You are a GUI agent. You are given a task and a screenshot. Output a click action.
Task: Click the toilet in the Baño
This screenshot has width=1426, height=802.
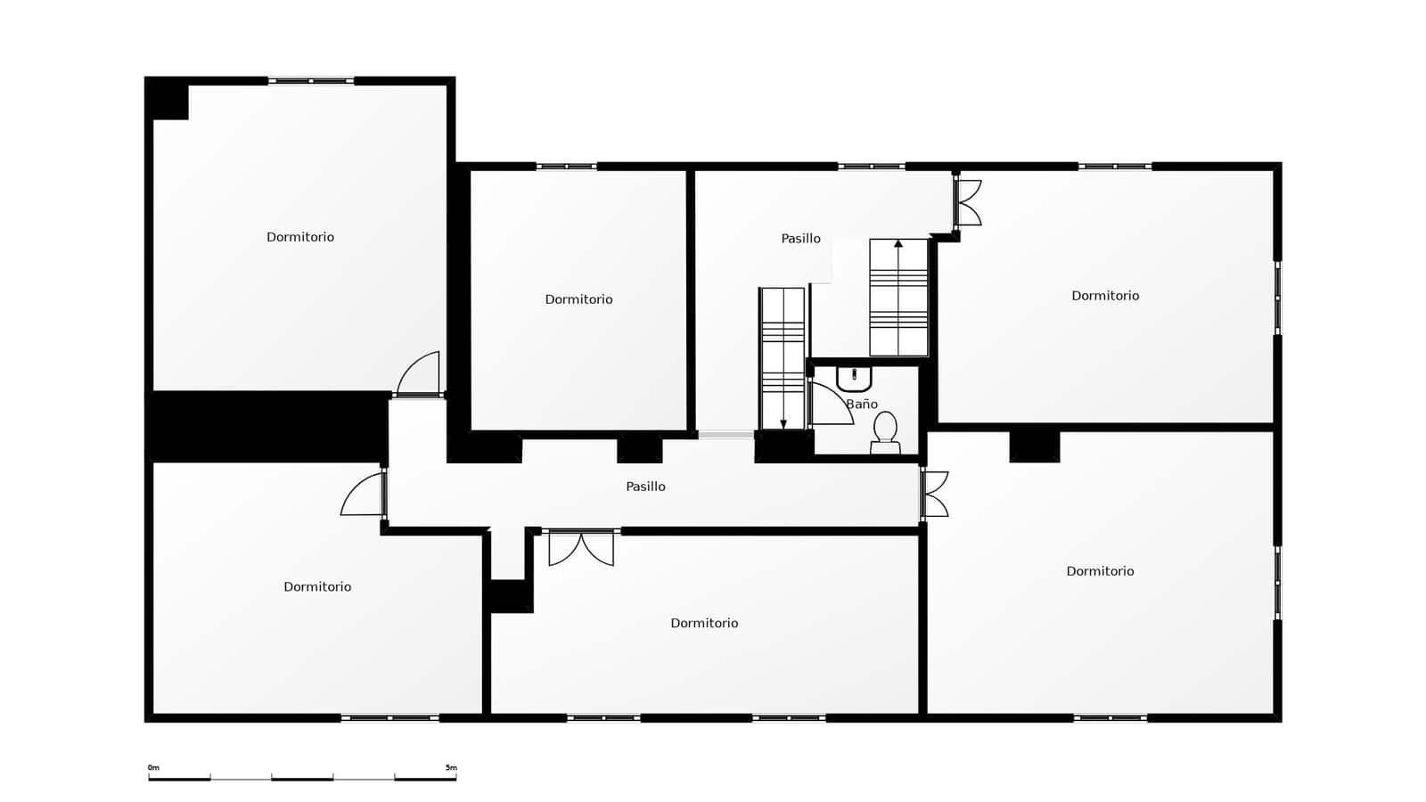pyautogui.click(x=885, y=430)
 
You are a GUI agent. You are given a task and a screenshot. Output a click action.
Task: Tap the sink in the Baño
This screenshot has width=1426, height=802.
pyautogui.click(x=854, y=379)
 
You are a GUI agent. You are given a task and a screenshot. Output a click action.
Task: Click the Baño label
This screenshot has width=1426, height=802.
pyautogui.click(x=862, y=405)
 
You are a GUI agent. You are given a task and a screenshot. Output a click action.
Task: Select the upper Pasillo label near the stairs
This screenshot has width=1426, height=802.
pyautogui.click(x=800, y=239)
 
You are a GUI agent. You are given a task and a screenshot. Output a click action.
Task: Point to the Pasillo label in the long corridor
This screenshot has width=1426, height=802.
pyautogui.click(x=645, y=487)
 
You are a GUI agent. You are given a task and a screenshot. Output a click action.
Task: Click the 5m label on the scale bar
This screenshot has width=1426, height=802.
pyautogui.click(x=451, y=767)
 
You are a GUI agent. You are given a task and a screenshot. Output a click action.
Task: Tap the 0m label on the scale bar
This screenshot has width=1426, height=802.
pyautogui.click(x=153, y=767)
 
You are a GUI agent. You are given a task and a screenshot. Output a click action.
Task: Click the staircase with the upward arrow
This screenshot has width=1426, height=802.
pyautogui.click(x=898, y=297)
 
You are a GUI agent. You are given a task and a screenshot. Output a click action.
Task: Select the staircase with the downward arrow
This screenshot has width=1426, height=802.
pyautogui.click(x=783, y=357)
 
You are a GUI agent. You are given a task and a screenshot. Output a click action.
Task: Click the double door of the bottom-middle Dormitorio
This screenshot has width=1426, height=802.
pyautogui.click(x=581, y=547)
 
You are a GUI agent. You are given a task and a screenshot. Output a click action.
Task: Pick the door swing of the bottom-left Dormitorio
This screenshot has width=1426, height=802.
pyautogui.click(x=364, y=495)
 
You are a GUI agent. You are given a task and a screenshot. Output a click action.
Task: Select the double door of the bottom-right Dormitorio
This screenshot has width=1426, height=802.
pyautogui.click(x=935, y=495)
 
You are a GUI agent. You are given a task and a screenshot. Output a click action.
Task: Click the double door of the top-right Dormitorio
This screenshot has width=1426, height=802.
pyautogui.click(x=968, y=203)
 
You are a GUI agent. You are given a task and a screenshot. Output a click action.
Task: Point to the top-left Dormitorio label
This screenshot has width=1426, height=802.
pyautogui.click(x=300, y=237)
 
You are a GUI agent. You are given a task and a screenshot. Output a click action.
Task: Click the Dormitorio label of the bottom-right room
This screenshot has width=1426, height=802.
pyautogui.click(x=1100, y=571)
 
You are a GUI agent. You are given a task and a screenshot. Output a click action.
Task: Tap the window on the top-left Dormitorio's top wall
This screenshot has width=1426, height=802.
pyautogui.click(x=311, y=81)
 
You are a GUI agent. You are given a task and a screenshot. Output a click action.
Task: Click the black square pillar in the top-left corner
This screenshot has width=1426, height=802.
pyautogui.click(x=168, y=98)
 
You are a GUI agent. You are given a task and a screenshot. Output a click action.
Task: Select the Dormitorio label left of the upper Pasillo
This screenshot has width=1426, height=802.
pyautogui.click(x=578, y=299)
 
